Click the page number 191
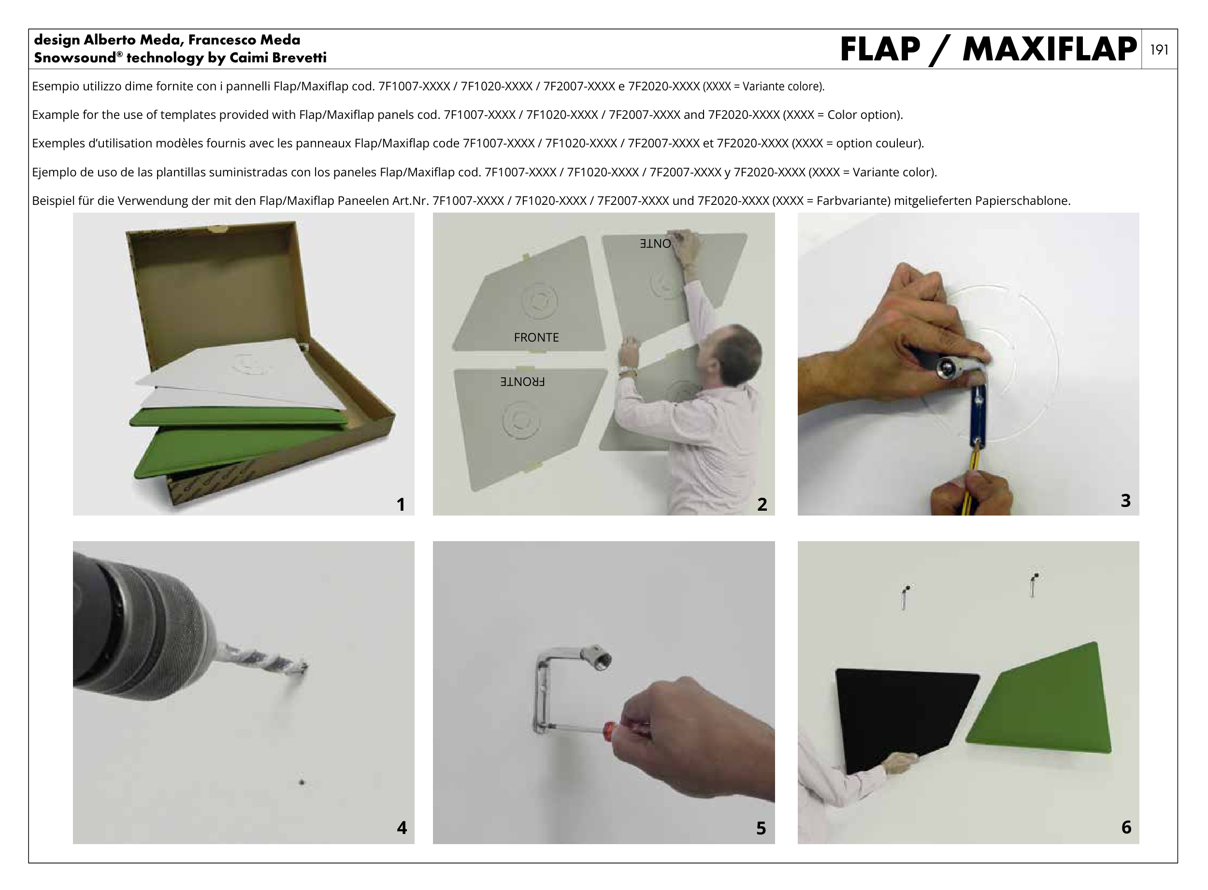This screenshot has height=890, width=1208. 1159,50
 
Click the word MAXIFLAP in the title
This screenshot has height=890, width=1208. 1049,50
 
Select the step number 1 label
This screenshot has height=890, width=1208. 401,504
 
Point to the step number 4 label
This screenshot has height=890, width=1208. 402,828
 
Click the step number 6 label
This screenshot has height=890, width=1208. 1126,827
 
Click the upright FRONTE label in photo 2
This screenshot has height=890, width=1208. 536,337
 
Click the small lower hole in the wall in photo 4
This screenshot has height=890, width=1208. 301,782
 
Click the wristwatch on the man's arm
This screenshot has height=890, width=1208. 627,371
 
